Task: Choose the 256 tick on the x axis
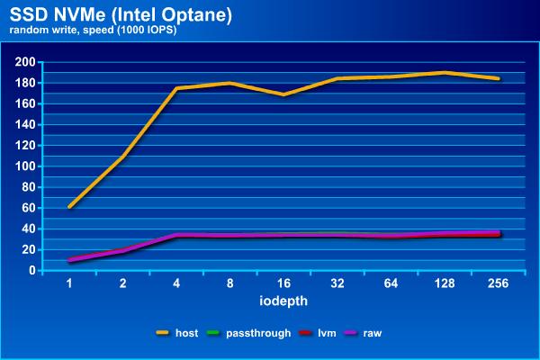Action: click(x=498, y=283)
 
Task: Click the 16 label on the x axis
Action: click(x=283, y=283)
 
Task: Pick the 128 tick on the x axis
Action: click(x=445, y=283)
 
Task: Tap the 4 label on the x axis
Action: click(x=176, y=283)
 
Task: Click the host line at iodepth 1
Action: click(x=69, y=207)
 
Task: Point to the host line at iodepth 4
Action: click(x=176, y=89)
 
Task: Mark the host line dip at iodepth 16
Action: click(x=283, y=94)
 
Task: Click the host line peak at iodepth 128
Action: click(x=445, y=73)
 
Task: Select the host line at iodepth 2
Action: click(x=123, y=157)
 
